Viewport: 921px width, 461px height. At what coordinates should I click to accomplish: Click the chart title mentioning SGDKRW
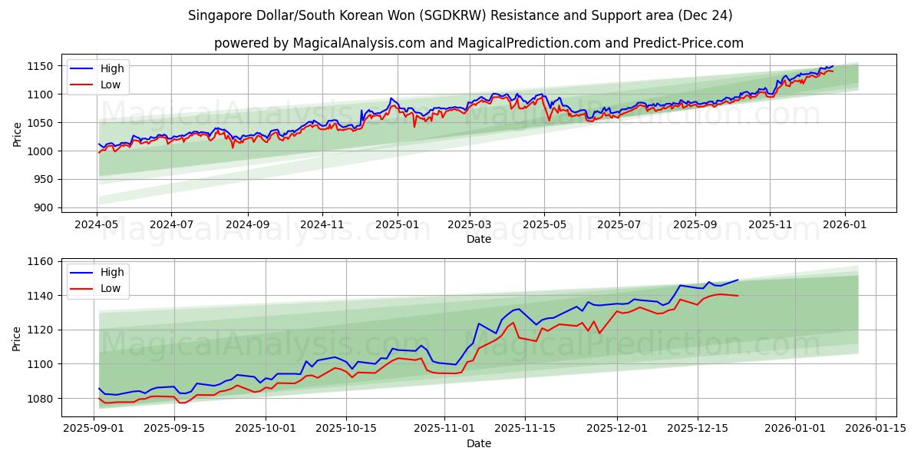tap(460, 15)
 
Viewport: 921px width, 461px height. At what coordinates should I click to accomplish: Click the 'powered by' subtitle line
tap(478, 43)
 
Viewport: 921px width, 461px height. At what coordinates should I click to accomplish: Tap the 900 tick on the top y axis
tap(46, 207)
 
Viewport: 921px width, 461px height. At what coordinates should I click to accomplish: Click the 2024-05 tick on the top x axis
tap(97, 224)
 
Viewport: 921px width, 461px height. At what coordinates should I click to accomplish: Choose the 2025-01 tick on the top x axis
tap(397, 224)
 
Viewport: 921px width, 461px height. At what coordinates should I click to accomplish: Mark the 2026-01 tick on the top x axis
tap(845, 224)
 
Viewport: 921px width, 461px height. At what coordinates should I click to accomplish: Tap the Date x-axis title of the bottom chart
tap(478, 443)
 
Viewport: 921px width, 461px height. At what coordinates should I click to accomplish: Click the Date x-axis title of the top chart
tap(478, 239)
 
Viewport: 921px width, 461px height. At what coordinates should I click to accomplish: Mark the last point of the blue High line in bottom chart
tap(738, 280)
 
